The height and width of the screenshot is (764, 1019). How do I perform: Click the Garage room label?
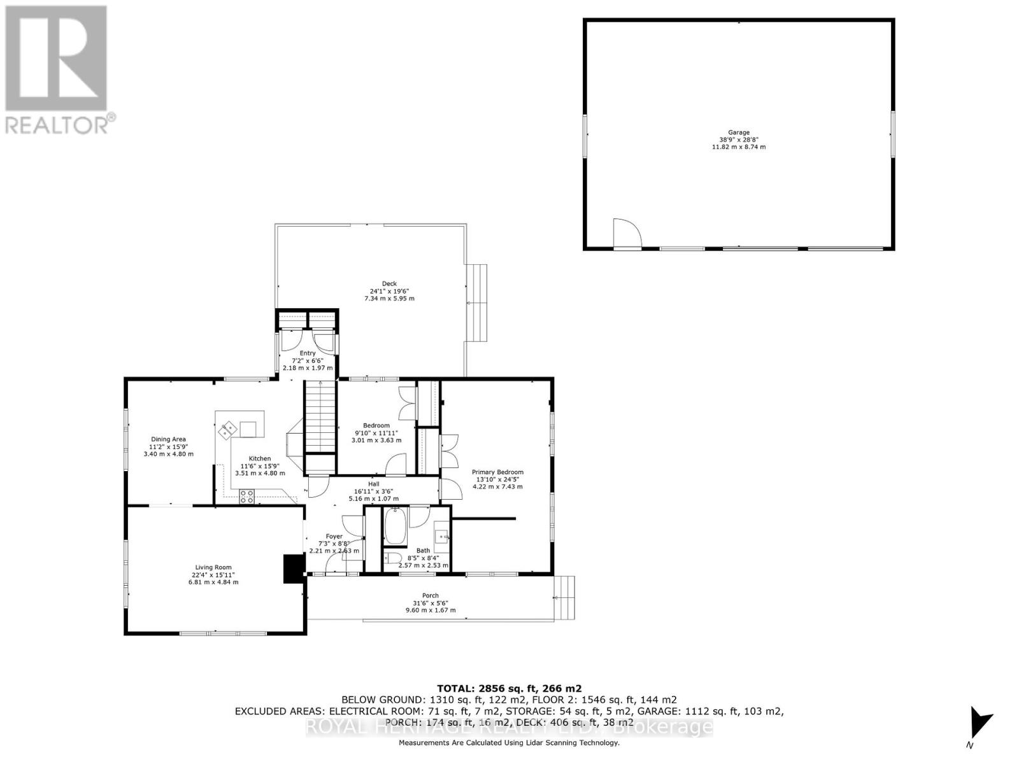739,133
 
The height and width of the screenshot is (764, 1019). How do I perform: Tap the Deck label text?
389,284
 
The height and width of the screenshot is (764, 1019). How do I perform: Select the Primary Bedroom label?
497,472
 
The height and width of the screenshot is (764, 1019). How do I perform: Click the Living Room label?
213,567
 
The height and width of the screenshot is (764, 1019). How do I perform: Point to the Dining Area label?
168,439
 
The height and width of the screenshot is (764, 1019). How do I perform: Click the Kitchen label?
260,458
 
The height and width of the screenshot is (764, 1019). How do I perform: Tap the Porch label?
431,596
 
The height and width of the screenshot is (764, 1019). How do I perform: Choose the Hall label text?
374,484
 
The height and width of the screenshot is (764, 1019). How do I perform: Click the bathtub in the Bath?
395,527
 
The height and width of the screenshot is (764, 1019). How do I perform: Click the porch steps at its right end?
565,598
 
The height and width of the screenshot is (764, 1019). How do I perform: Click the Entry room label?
308,353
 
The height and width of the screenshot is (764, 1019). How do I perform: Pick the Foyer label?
334,537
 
